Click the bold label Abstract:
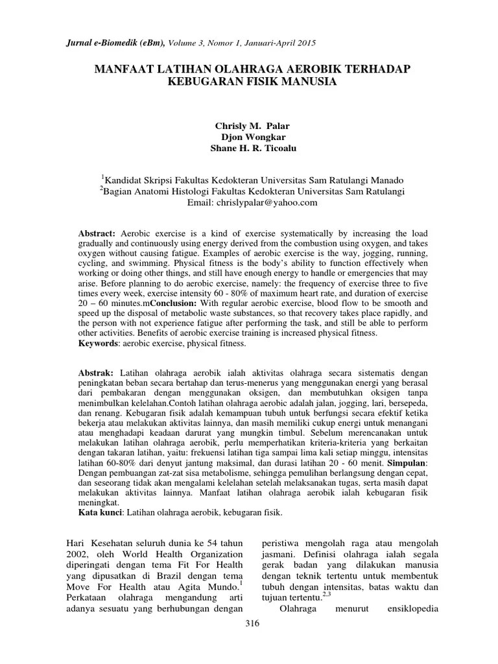[97, 233]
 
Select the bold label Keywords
[98, 343]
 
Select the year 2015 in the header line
[305, 43]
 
